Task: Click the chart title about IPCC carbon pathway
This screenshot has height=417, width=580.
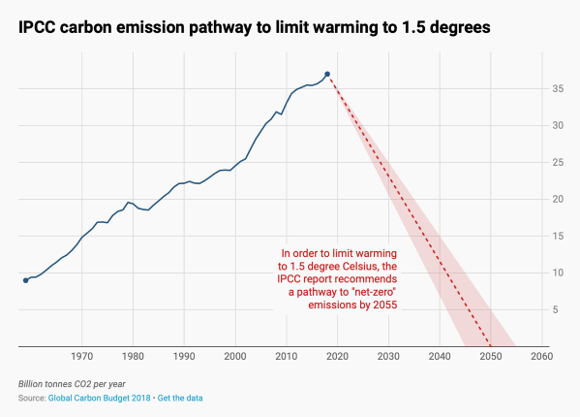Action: (x=254, y=28)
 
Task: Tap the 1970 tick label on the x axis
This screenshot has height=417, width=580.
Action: (x=82, y=357)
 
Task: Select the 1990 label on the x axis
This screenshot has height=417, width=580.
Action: (x=184, y=357)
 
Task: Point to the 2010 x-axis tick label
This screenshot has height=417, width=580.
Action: (x=287, y=357)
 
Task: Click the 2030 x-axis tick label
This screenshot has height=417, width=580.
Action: (x=388, y=357)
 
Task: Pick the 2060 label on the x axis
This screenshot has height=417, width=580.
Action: (x=541, y=357)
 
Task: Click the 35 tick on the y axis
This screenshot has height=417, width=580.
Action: (x=558, y=88)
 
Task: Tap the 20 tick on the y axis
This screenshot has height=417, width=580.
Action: (x=558, y=199)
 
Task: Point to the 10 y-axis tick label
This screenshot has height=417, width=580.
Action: (x=558, y=273)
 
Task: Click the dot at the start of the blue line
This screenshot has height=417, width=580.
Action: (x=26, y=280)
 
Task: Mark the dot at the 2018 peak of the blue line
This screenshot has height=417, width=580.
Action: (x=327, y=74)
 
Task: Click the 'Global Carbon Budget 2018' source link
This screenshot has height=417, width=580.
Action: (x=99, y=399)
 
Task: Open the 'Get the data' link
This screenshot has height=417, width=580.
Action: (x=180, y=399)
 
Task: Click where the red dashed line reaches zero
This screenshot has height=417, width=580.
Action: (x=490, y=346)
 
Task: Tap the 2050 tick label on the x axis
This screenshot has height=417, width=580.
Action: (x=490, y=357)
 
